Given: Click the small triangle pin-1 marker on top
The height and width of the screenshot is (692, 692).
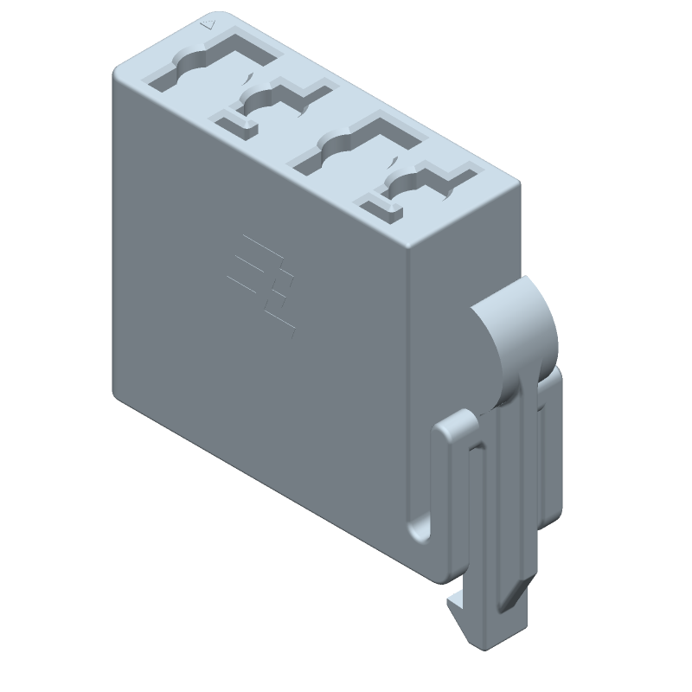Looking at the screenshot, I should pyautogui.click(x=205, y=25).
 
